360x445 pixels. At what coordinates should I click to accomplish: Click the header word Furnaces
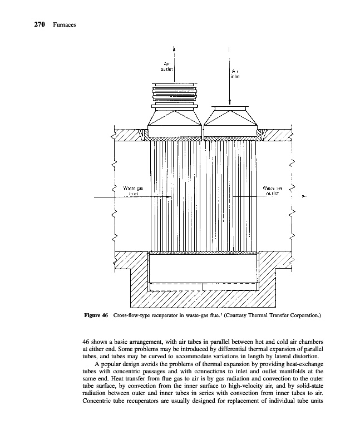[65, 24]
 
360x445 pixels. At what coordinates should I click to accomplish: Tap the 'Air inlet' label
[235, 73]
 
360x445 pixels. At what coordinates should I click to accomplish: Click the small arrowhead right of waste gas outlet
[303, 196]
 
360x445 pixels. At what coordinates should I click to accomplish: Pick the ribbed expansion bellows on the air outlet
[175, 95]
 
